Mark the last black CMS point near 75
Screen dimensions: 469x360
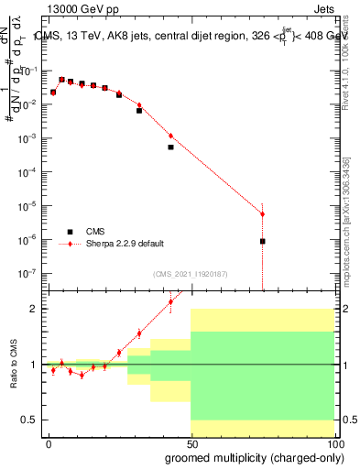pos(262,241)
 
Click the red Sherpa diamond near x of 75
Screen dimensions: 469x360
pos(262,214)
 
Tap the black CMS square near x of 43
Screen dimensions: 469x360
pos(170,147)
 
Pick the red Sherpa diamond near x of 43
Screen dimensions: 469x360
pos(170,136)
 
